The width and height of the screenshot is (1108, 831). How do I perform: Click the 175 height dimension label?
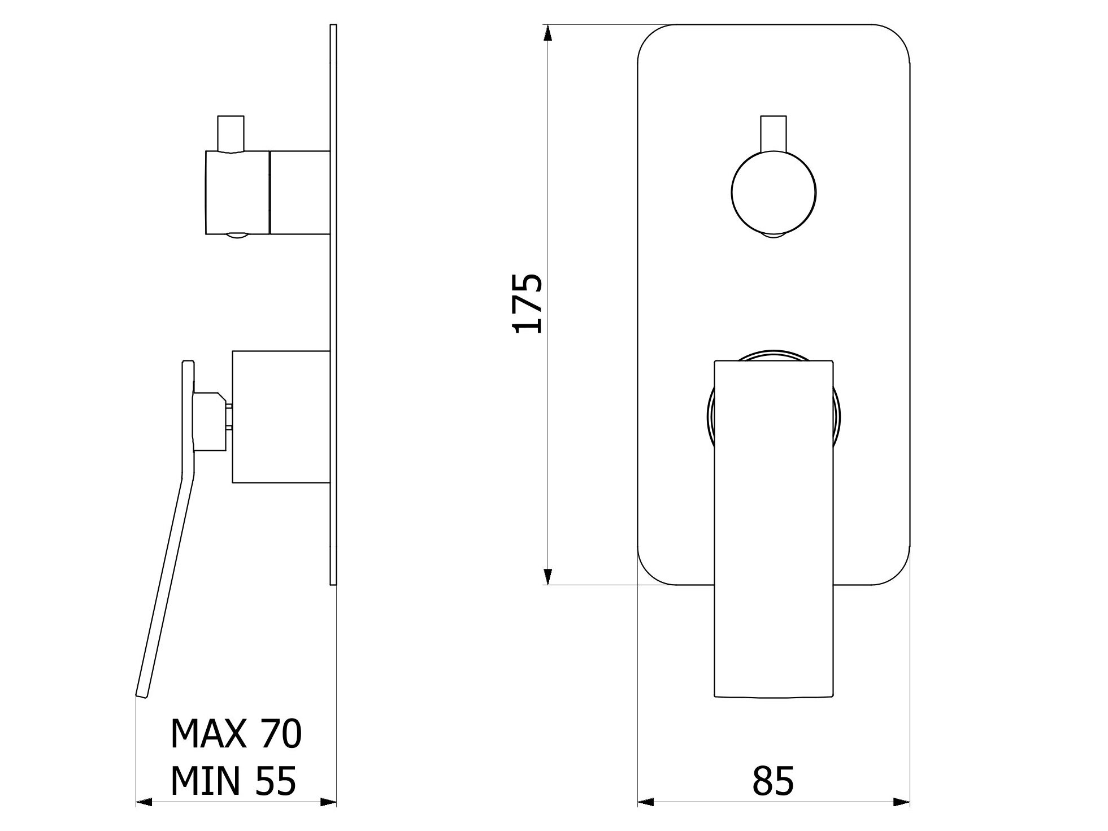[x=527, y=303]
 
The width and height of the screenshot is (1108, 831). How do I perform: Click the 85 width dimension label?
[x=773, y=781]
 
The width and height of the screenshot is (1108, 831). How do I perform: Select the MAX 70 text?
[x=236, y=734]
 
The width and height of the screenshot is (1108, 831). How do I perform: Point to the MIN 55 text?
[x=233, y=781]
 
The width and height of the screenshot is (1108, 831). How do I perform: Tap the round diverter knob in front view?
[x=774, y=192]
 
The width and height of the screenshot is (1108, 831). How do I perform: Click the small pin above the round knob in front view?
[x=774, y=133]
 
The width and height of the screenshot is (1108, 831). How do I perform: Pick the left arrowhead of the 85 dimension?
[x=646, y=802]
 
